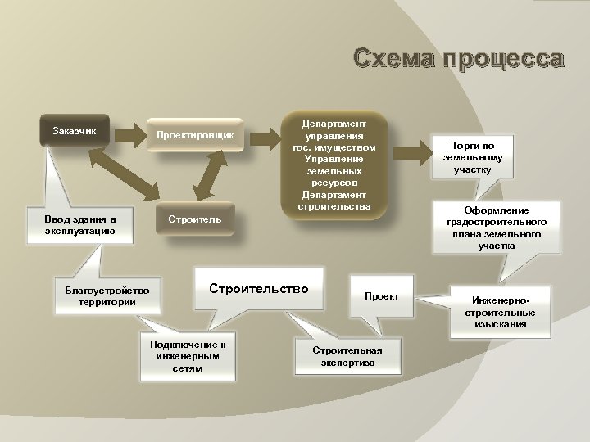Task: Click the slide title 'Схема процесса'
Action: [x=458, y=60]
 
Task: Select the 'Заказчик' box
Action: [x=75, y=131]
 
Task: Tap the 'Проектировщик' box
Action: [x=195, y=134]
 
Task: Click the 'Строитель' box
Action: [x=195, y=220]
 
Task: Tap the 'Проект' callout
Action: [x=382, y=295]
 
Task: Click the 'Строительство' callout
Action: [x=258, y=289]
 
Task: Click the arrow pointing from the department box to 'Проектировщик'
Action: [x=268, y=133]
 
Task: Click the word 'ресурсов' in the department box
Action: [x=338, y=182]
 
